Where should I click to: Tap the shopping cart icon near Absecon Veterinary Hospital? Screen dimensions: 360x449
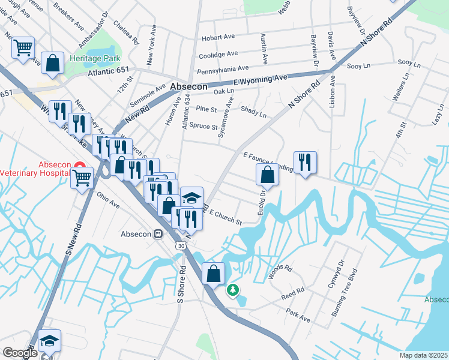pyautogui.click(x=82, y=176)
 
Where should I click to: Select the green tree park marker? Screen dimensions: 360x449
pyautogui.click(x=233, y=290)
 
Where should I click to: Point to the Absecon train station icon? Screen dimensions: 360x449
pyautogui.click(x=159, y=234)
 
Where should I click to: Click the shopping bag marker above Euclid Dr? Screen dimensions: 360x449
pyautogui.click(x=268, y=175)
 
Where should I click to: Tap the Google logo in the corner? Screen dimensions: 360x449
pyautogui.click(x=19, y=353)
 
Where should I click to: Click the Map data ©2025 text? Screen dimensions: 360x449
pyautogui.click(x=424, y=355)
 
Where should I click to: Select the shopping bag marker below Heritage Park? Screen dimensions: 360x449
pyautogui.click(x=53, y=63)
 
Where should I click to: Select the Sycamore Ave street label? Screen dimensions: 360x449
pyautogui.click(x=226, y=118)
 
